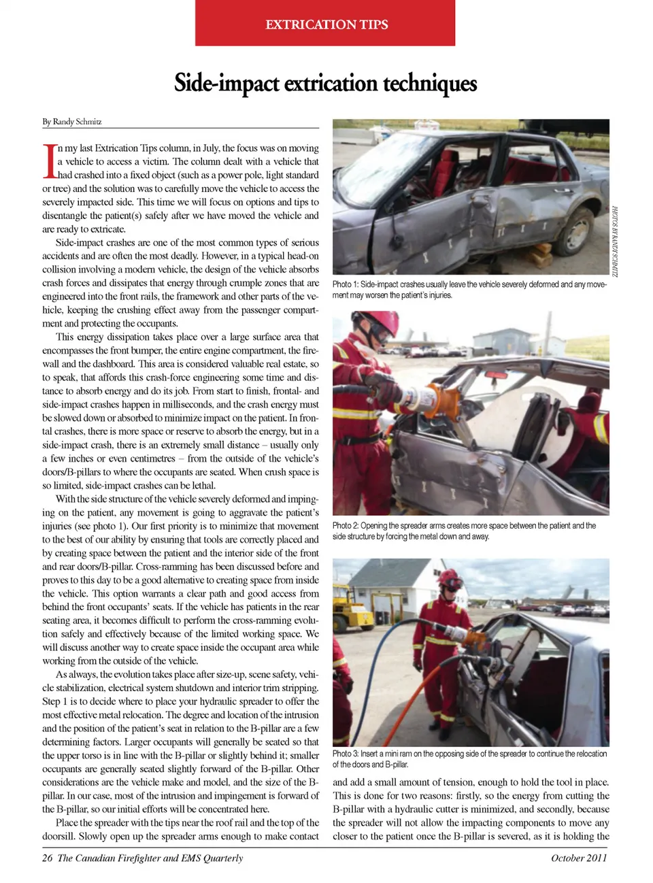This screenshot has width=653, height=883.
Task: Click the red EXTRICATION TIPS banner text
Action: coord(326,24)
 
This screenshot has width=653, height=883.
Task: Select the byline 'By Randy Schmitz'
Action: coord(72,122)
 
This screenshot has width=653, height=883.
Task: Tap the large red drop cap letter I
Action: coord(49,161)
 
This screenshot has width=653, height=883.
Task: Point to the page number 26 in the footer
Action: coord(47,858)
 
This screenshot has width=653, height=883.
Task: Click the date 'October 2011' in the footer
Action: coord(579,858)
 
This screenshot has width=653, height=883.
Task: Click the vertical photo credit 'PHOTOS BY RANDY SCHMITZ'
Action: coord(614,241)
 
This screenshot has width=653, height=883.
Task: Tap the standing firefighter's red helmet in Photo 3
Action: coord(450,578)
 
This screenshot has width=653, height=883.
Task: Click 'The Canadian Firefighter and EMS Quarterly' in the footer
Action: coord(150,858)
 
